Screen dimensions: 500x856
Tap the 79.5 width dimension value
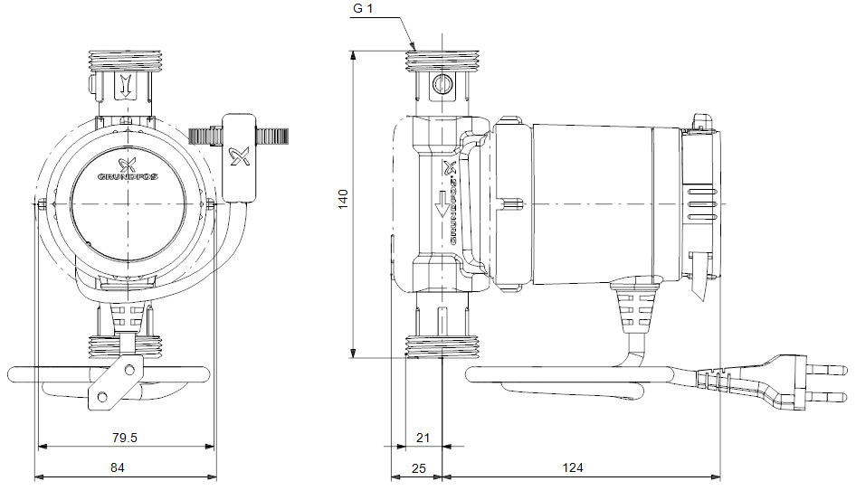click(x=124, y=438)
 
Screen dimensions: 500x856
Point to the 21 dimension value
click(x=422, y=438)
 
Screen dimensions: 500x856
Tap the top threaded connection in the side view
click(x=441, y=61)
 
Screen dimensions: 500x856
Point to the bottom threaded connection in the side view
click(x=441, y=346)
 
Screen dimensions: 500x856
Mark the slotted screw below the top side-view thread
click(x=442, y=85)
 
